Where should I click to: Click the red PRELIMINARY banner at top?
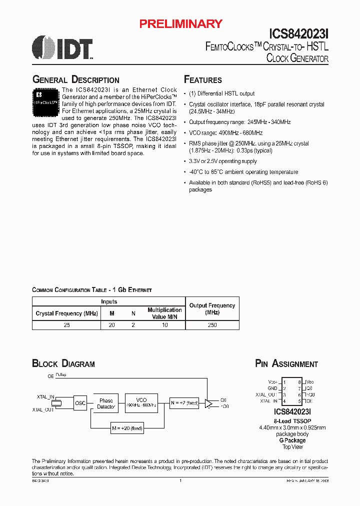(x=180, y=23)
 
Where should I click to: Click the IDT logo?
(x=62, y=48)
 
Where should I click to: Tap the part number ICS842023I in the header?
(x=298, y=33)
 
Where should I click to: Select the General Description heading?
(x=75, y=80)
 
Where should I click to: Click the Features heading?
(x=203, y=80)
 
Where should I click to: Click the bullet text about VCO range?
(x=225, y=133)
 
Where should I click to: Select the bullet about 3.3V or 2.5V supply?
(x=222, y=161)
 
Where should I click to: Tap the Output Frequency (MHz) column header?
(x=212, y=308)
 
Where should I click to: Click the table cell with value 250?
(x=212, y=325)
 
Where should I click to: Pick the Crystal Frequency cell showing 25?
(x=66, y=325)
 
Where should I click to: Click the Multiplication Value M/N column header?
(x=164, y=313)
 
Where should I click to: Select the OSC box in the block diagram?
(x=80, y=403)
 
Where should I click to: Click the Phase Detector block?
(x=106, y=403)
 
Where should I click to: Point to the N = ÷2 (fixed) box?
(x=184, y=403)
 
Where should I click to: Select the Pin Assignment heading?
(x=286, y=364)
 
